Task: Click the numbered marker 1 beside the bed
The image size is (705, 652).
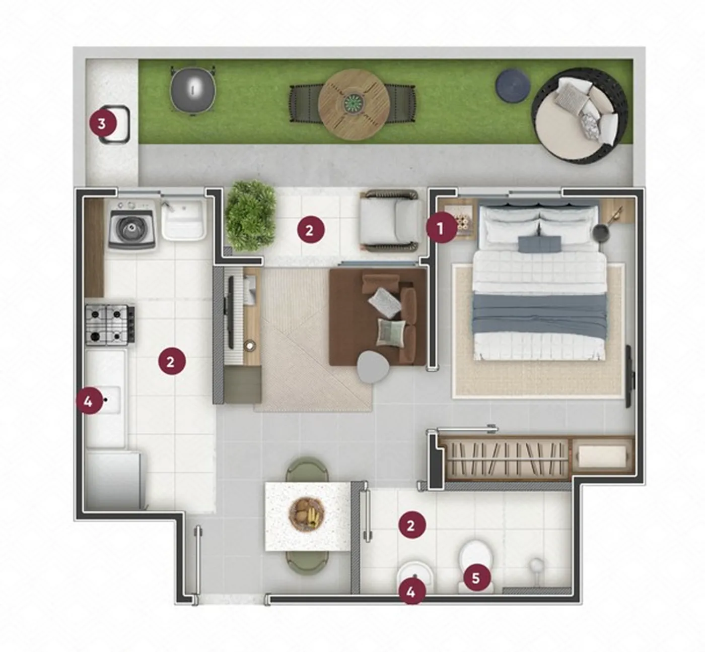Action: tap(441, 229)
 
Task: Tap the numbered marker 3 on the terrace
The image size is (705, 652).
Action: tap(102, 124)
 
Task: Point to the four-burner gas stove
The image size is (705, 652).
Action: tap(110, 325)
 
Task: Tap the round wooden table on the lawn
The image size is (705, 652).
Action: tap(354, 105)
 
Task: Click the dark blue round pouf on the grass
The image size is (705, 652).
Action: tap(513, 87)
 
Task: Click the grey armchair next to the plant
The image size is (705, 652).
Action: tap(392, 221)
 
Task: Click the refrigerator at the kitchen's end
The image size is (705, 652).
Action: tap(114, 480)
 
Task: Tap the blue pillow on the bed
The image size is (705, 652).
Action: tap(539, 244)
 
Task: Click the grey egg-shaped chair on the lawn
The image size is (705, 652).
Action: tap(193, 91)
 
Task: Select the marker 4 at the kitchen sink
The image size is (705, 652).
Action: tap(88, 402)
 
